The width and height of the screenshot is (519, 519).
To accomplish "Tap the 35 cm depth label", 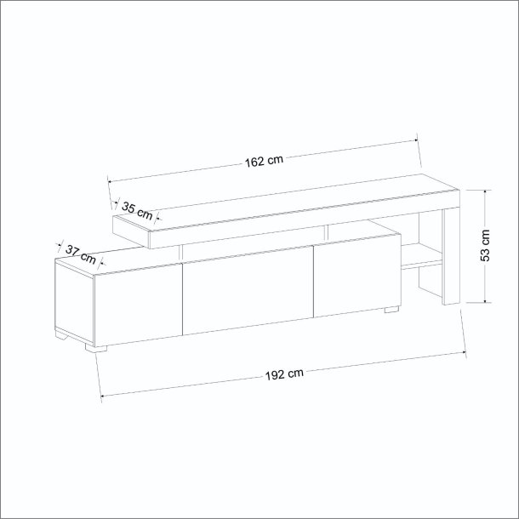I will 137,208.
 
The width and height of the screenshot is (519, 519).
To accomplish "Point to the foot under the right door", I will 391,310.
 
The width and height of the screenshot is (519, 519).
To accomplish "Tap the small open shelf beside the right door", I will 419,257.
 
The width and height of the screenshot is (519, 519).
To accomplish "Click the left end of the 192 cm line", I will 102,396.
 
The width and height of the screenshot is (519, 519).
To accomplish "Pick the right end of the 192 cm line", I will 467,351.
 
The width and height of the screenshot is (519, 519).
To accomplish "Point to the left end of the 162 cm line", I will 108,179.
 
